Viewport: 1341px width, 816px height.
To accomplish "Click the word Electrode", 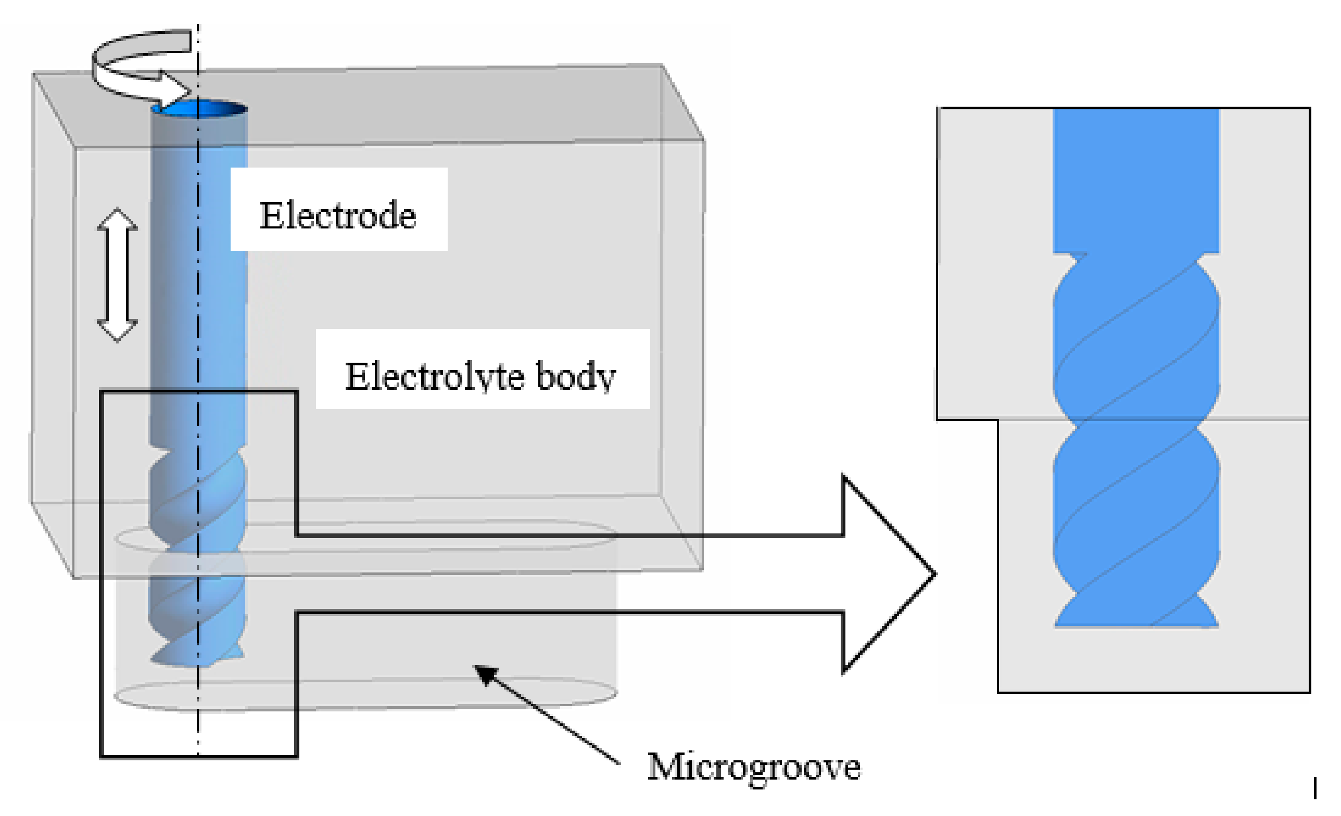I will (337, 215).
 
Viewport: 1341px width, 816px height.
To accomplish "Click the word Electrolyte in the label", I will (434, 376).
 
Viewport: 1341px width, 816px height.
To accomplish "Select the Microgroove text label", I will (753, 767).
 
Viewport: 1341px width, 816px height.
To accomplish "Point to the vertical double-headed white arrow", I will (117, 274).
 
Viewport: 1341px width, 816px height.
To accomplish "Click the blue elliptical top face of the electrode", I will (199, 109).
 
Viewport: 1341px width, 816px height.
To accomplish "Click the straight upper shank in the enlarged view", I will (1136, 180).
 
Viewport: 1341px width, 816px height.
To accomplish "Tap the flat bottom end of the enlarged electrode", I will (1136, 626).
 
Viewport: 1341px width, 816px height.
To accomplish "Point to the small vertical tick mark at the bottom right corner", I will (1315, 788).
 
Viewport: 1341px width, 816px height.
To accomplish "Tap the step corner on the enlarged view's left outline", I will (998, 419).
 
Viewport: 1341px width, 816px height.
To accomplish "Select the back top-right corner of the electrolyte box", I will (662, 65).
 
